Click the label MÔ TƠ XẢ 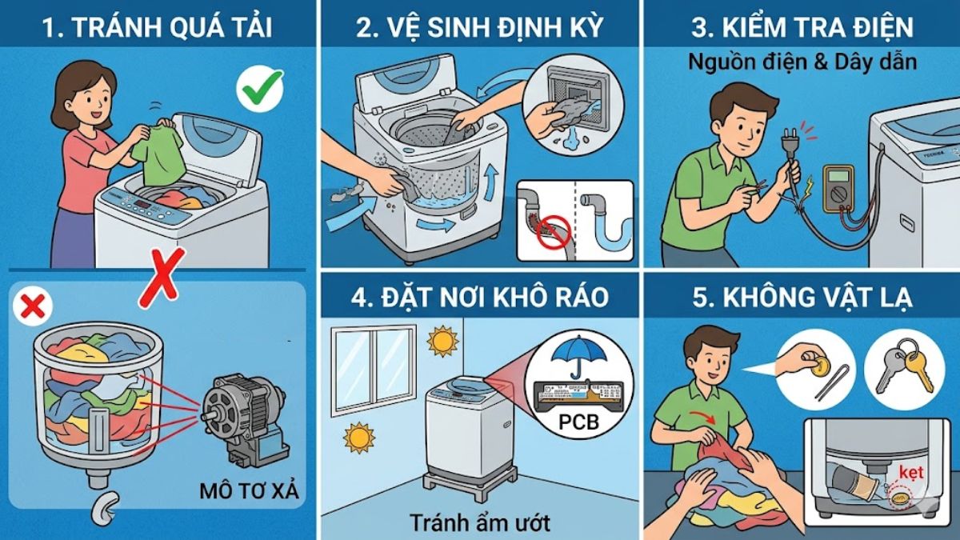(x=249, y=490)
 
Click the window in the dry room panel (x=374, y=367)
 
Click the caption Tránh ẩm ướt (x=480, y=522)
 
